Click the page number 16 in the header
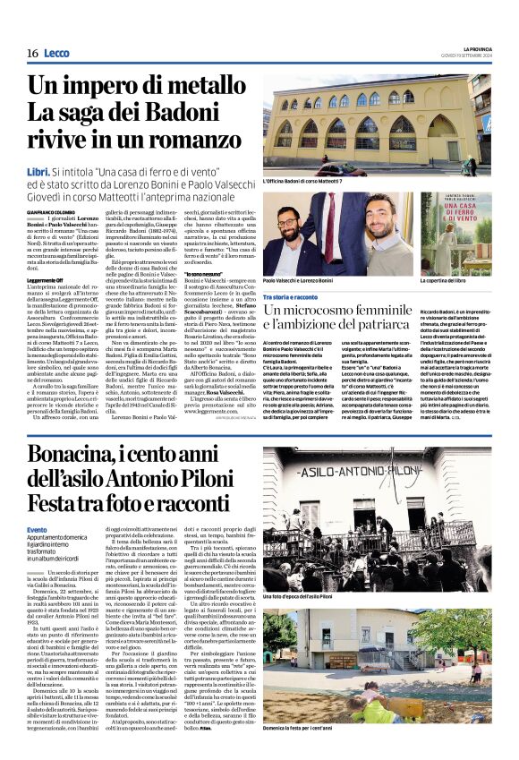[x=31, y=54]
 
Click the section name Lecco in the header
[x=55, y=54]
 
